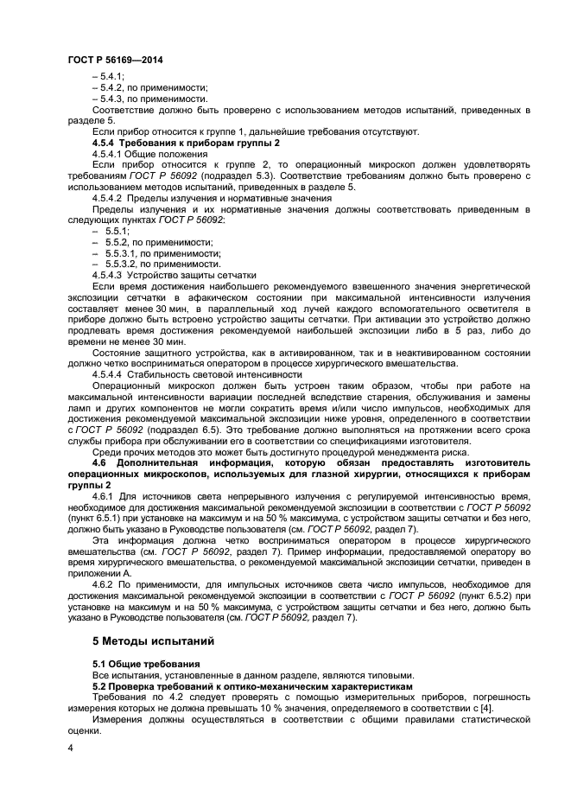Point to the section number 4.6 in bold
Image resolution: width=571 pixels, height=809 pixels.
tap(101, 462)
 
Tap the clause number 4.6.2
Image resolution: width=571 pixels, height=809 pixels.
tap(105, 583)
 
